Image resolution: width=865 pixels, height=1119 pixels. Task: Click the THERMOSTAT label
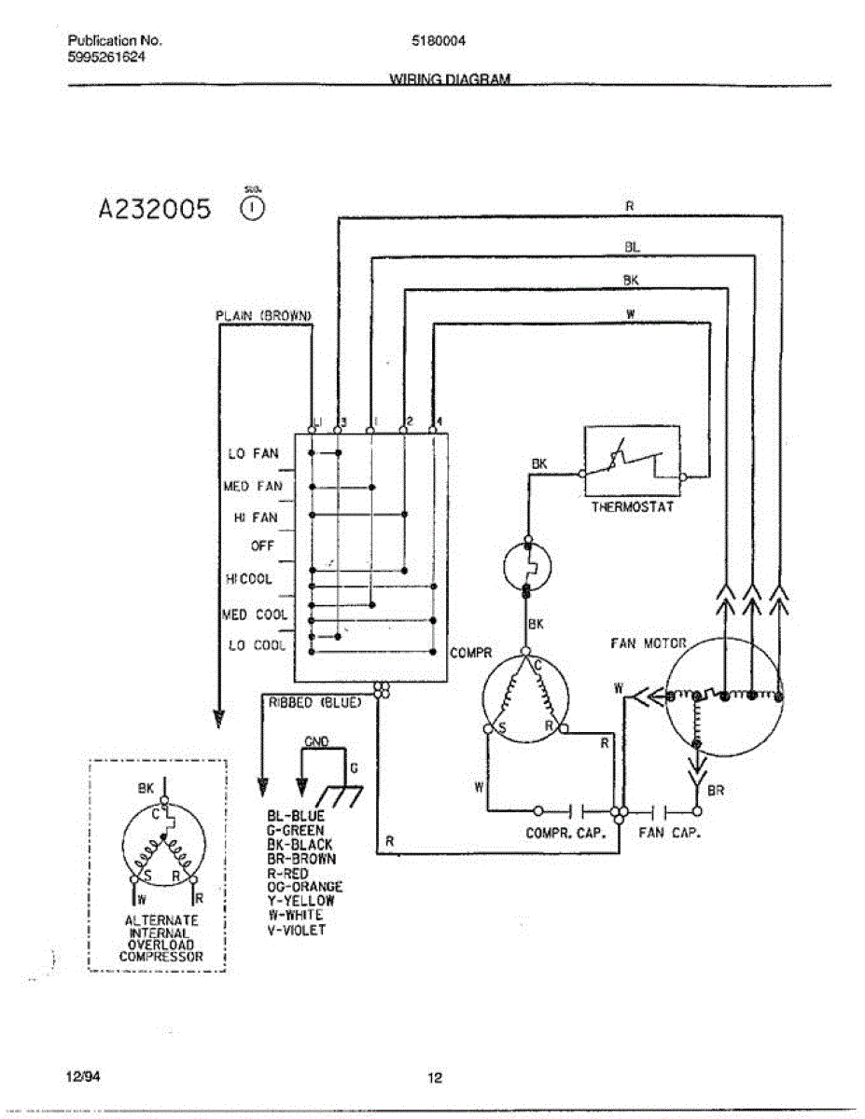pos(632,508)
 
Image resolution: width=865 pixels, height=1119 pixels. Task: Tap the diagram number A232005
pos(155,207)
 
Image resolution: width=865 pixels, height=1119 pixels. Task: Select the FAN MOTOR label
pos(648,643)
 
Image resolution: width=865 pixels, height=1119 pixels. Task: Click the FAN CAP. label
pos(669,833)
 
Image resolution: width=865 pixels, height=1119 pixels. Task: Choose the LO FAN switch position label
pos(253,454)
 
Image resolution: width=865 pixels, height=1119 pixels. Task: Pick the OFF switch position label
pos(262,546)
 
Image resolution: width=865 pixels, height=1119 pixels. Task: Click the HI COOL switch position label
pos(248,579)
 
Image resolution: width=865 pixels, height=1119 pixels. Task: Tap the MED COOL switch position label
pos(255,615)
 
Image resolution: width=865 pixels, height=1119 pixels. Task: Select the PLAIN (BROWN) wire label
pos(262,316)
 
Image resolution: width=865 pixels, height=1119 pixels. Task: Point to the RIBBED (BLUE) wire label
pos(314,703)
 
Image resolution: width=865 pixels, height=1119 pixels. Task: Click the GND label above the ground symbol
pos(317,741)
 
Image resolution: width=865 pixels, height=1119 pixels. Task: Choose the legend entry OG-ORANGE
pos(304,887)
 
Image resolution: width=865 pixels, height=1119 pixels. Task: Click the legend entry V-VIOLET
pos(297,930)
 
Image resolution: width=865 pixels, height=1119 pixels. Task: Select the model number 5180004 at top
pos(439,41)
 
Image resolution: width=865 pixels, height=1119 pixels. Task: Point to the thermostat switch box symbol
pos(633,463)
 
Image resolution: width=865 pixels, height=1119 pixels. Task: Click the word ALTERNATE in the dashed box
pos(161,920)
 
